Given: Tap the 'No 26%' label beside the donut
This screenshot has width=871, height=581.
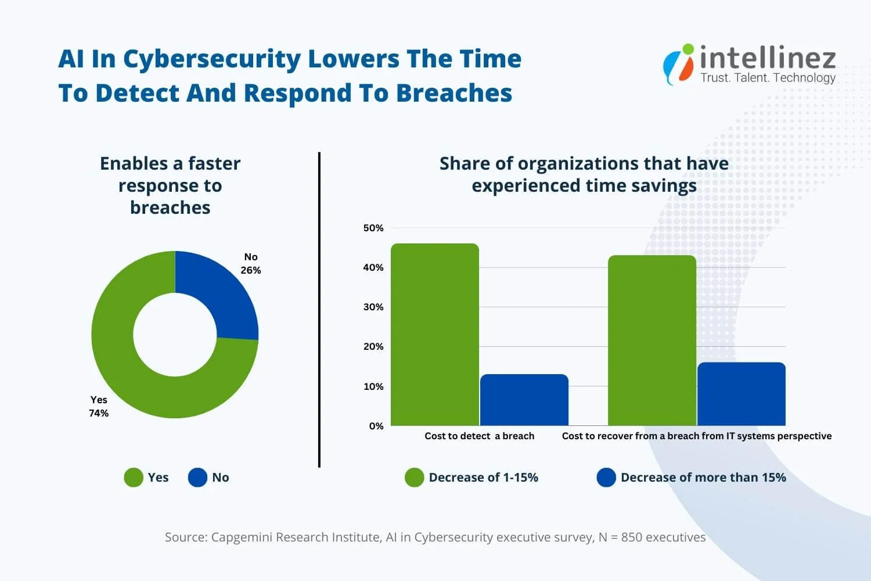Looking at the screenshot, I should (x=251, y=264).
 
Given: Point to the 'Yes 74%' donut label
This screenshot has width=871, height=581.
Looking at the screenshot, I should (x=99, y=406).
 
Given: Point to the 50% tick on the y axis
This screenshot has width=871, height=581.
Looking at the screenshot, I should (x=373, y=228).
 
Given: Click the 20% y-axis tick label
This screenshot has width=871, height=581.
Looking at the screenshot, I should (x=373, y=347).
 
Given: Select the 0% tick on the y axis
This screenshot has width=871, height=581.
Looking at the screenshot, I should (x=376, y=426).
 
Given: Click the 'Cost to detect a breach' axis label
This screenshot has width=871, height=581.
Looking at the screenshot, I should (x=479, y=436).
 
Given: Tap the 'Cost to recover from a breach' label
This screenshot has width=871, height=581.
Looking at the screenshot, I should (x=696, y=436).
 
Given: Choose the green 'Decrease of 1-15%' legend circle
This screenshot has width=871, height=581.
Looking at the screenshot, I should (x=414, y=478).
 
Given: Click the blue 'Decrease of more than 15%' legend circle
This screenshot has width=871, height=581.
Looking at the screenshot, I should (x=606, y=478).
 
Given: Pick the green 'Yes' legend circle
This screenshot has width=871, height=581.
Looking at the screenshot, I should (x=134, y=478).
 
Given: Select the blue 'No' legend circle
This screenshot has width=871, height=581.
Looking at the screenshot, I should (x=197, y=478).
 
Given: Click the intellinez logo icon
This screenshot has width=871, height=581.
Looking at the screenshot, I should (x=679, y=64).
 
